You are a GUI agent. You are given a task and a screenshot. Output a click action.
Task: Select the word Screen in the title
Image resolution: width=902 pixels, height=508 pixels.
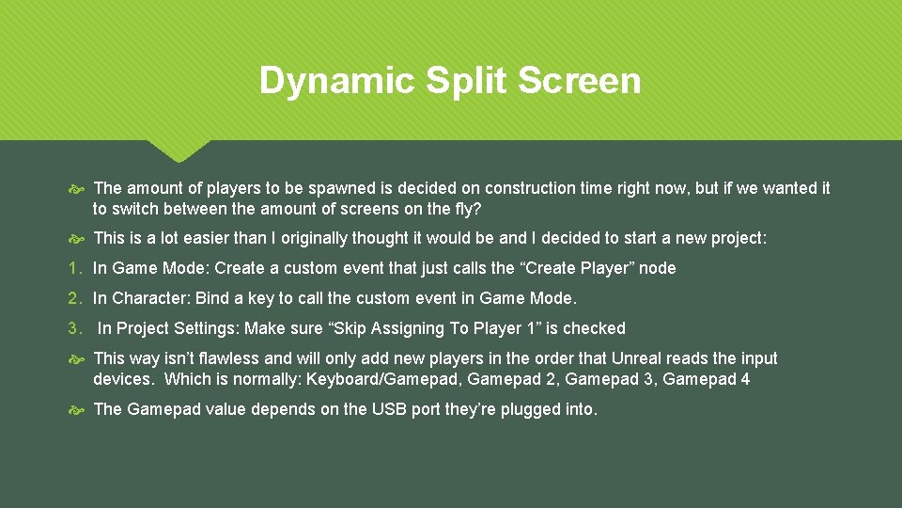pyautogui.click(x=580, y=81)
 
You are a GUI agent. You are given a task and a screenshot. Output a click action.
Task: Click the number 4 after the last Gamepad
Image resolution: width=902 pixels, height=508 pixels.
pyautogui.click(x=745, y=379)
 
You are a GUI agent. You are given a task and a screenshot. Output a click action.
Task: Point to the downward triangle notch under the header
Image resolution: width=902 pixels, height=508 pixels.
pyautogui.click(x=179, y=151)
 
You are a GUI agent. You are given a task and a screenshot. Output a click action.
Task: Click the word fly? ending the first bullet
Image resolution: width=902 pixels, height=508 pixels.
pyautogui.click(x=466, y=208)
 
